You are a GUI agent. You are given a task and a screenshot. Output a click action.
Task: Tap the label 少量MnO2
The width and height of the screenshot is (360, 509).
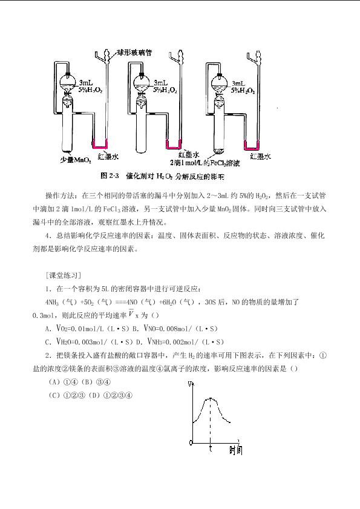tap(76, 160)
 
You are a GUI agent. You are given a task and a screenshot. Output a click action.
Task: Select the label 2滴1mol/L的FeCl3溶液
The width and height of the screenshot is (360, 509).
tap(205, 163)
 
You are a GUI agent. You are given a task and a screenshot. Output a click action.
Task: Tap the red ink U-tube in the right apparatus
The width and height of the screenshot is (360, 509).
tap(251, 145)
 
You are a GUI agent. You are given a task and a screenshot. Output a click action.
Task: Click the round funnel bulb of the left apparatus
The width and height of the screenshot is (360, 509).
tap(68, 82)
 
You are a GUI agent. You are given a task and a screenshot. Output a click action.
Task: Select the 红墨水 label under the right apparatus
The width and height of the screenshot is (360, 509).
tap(260, 157)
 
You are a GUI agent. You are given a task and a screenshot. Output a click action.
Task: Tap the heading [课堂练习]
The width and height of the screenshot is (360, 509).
tap(63, 275)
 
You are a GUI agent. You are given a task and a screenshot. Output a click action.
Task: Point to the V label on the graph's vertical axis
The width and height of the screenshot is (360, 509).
tap(189, 384)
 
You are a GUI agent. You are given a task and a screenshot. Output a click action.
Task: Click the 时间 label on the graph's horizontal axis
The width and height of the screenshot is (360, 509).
tap(236, 450)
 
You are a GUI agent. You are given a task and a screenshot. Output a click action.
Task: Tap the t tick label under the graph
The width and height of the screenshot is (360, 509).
tap(211, 448)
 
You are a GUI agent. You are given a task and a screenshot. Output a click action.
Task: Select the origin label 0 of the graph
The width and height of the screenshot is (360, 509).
tap(191, 442)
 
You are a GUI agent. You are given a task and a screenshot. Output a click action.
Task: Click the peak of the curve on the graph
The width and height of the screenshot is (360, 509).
tap(211, 398)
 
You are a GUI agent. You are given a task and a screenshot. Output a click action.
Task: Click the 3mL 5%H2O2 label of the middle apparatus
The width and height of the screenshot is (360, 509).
tap(165, 87)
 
